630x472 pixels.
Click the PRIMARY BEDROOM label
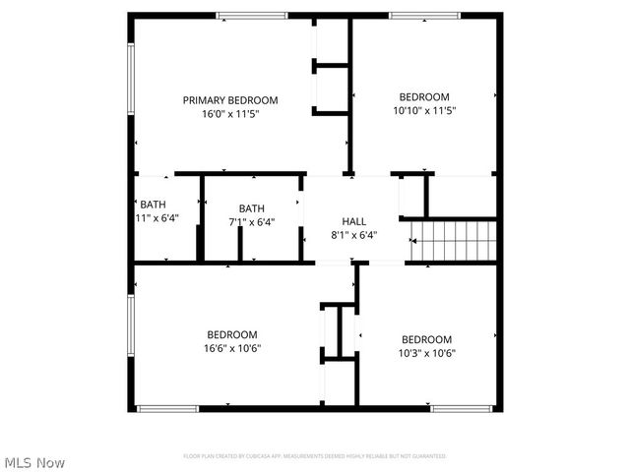coord(230,100)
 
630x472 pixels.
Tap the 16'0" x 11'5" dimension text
coord(230,114)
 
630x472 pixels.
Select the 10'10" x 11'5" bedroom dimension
coord(424,110)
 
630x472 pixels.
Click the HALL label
coord(354,221)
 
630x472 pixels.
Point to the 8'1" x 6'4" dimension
coord(354,235)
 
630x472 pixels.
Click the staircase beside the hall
coord(452,241)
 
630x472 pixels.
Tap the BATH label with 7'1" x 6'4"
coord(252,208)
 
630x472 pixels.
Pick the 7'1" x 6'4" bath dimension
coord(252,222)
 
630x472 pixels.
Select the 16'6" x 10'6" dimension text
coord(232,348)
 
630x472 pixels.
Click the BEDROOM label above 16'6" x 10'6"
coord(232,334)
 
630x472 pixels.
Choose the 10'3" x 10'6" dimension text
coord(427,353)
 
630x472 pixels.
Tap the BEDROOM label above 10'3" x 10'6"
coord(427,339)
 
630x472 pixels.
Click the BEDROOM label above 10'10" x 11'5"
coord(424,96)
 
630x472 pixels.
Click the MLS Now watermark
coord(34,462)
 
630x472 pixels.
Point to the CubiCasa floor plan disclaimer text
coord(315,456)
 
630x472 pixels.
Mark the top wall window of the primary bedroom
coord(252,15)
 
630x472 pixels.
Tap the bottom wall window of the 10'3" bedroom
coord(463,408)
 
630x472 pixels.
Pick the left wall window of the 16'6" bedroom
coord(130,330)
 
